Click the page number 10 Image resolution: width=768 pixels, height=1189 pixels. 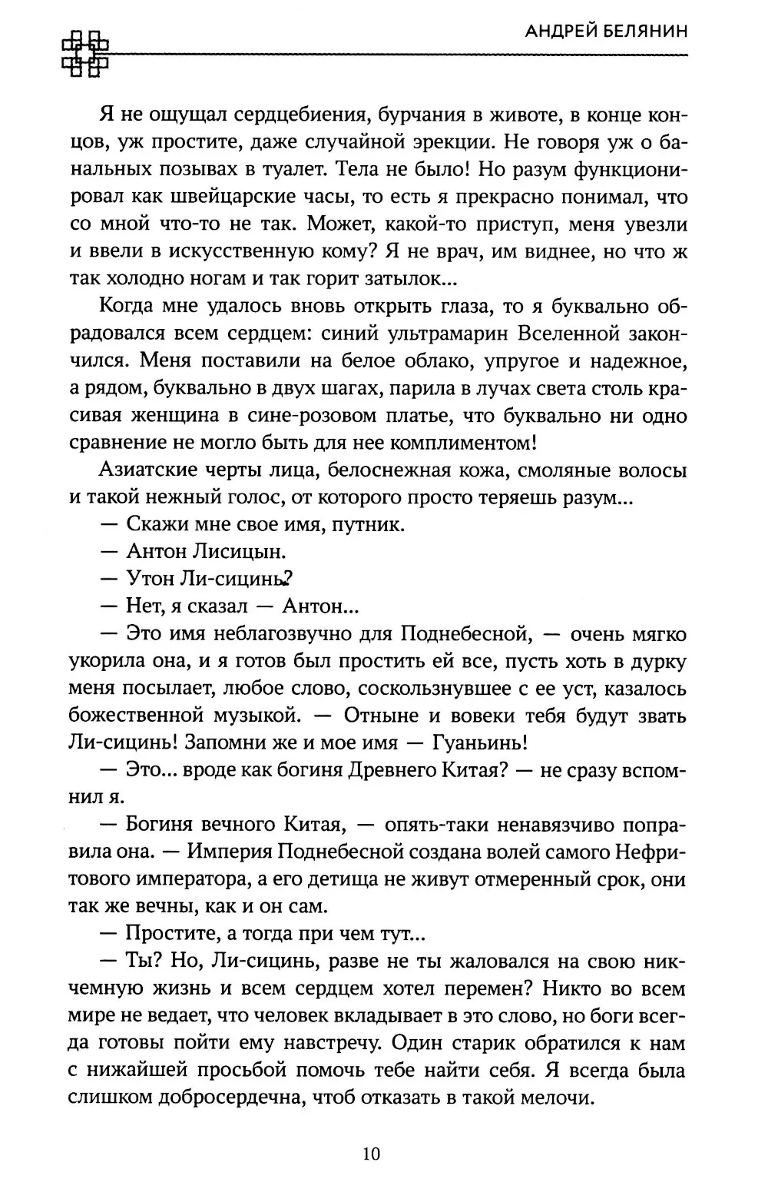click(371, 1154)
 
